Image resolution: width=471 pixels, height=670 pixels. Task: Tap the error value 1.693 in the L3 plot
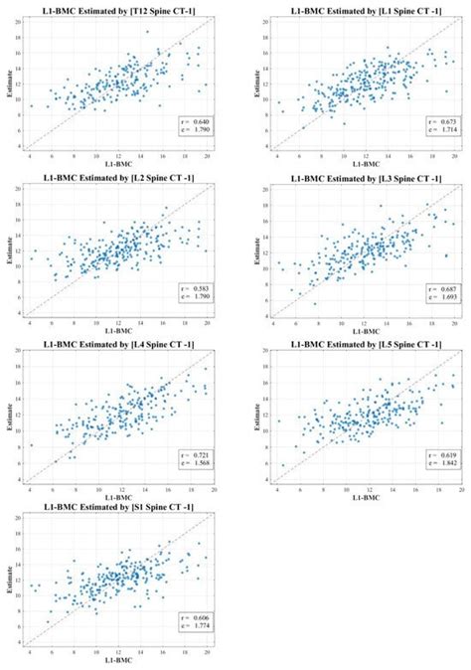coord(436,297)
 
